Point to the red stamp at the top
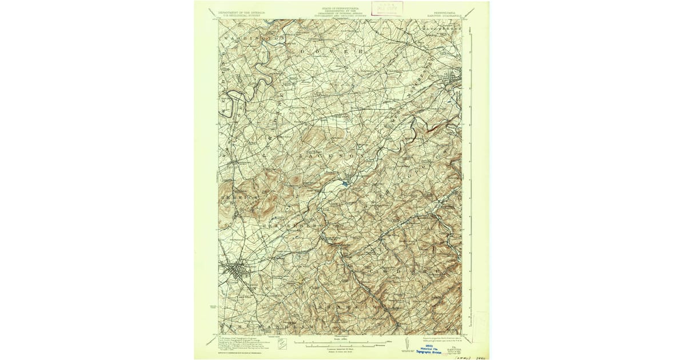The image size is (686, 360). [x=387, y=7]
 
